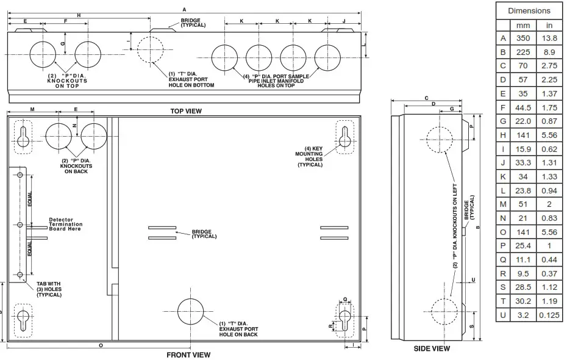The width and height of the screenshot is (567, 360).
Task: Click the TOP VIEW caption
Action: pos(186,111)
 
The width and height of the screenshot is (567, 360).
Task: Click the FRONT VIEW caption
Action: pos(188,355)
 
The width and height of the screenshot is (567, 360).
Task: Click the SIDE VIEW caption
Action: pos(432,348)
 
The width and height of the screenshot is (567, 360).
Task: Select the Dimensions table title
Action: pos(529,10)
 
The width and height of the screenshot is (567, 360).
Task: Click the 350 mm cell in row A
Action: pos(523,38)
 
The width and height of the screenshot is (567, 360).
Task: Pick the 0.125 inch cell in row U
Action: pos(549,315)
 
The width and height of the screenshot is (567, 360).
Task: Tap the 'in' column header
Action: pos(549,25)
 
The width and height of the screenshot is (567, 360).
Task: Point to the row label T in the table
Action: pos(502,301)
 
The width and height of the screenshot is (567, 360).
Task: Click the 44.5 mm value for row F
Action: pos(523,107)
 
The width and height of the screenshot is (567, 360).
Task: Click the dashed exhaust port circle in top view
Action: pos(150,50)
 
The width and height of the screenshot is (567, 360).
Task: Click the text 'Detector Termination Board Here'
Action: pos(65,224)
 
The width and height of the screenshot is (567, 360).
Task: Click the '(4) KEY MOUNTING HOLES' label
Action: pos(309,156)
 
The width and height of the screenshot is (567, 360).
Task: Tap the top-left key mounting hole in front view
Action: pos(23,137)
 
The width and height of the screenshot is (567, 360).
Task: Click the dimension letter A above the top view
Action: pos(184,9)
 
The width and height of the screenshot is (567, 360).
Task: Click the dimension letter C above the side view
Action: pos(427,98)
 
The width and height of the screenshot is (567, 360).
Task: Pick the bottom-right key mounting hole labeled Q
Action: pos(344,320)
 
